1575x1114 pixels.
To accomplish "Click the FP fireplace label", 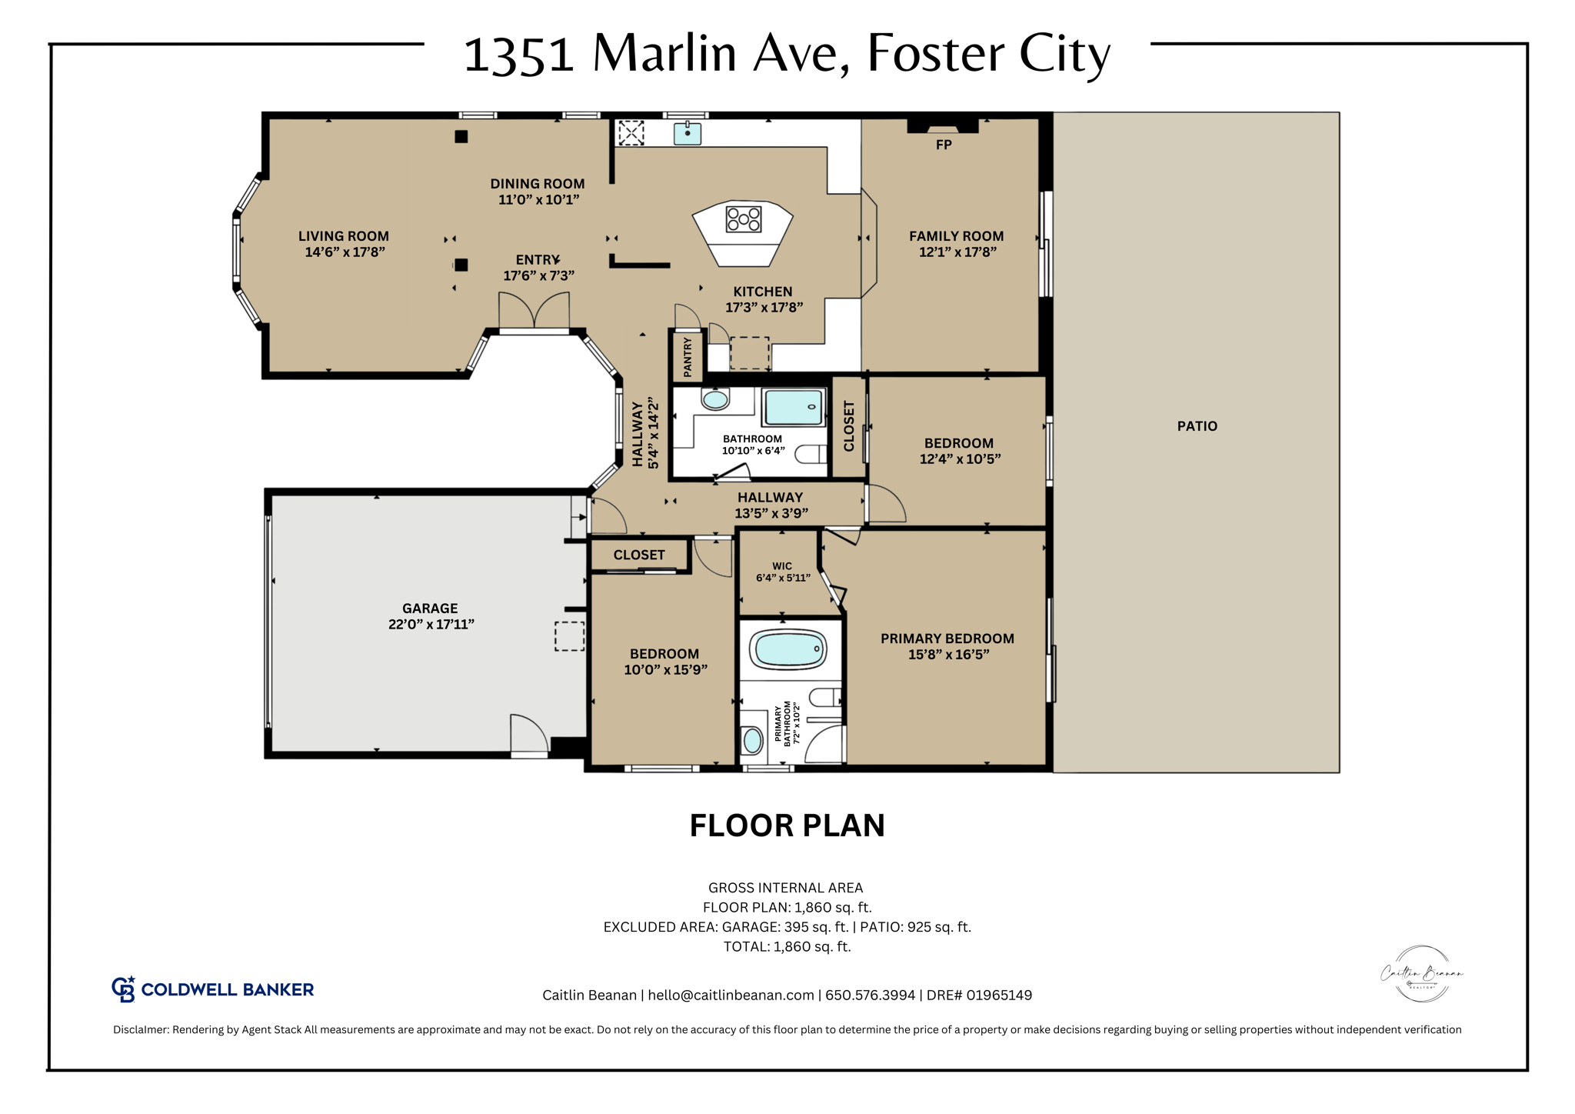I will coord(944,145).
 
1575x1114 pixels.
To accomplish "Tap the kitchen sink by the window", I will coord(687,134).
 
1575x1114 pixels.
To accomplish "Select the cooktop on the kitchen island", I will coord(744,219).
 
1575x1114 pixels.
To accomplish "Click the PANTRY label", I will coord(688,357).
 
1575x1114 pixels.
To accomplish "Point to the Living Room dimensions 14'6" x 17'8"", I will coord(345,252).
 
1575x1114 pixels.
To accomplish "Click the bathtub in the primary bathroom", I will coord(789,649).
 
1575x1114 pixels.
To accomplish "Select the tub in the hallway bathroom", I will coord(794,407).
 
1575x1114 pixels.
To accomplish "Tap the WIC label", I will coord(782,566).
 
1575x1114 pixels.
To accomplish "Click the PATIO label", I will coord(1197,426).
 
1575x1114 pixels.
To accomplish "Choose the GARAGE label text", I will coord(430,609).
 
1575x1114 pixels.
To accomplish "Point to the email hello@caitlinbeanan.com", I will coord(731,996).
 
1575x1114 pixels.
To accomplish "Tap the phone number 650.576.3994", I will coord(870,996).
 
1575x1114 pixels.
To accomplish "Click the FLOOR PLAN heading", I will coord(787,826).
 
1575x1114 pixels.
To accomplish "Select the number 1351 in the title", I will coord(519,55).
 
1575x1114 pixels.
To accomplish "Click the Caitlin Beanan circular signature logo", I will coord(1421,974).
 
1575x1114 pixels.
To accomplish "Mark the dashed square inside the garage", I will coord(569,636).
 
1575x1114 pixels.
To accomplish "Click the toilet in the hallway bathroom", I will coord(810,455).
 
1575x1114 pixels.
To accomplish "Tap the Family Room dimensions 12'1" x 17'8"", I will coord(957,252).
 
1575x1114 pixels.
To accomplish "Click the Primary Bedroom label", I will coord(947,639).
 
